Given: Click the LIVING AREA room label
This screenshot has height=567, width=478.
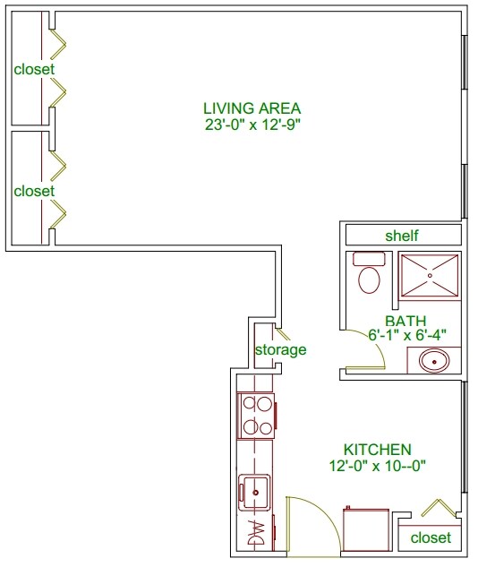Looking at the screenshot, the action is tap(252, 108).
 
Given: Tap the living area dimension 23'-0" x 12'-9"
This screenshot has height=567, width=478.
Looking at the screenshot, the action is tap(253, 125).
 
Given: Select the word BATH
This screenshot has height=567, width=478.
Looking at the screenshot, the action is tap(405, 321).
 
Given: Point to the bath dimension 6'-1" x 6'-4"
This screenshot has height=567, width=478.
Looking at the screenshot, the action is tap(407, 335).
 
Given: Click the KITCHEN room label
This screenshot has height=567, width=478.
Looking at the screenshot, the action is tap(377, 450).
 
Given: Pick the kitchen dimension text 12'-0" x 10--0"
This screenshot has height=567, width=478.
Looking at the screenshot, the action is tap(377, 466).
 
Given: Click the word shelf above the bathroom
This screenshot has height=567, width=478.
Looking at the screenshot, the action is tap(401, 236).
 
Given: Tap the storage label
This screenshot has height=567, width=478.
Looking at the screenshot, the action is tap(281, 349).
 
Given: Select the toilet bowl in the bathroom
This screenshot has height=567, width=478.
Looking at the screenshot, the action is tap(369, 279).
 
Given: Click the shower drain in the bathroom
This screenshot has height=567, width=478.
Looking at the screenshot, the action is tap(430, 276).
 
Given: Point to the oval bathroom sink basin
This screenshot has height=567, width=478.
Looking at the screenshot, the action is tap(434, 361).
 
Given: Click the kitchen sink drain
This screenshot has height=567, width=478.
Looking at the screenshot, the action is tap(256, 492).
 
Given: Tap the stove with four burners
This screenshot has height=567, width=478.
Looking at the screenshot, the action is tap(256, 416).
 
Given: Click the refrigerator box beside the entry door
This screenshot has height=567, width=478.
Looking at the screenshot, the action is tap(365, 529).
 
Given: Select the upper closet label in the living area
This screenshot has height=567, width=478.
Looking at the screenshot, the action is tap(34, 69).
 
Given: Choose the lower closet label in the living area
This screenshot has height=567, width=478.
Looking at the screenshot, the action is tap(34, 191).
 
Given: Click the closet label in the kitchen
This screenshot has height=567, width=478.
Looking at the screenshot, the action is tap(431, 537).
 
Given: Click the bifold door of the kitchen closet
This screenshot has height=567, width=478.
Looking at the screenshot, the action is tap(439, 507).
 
